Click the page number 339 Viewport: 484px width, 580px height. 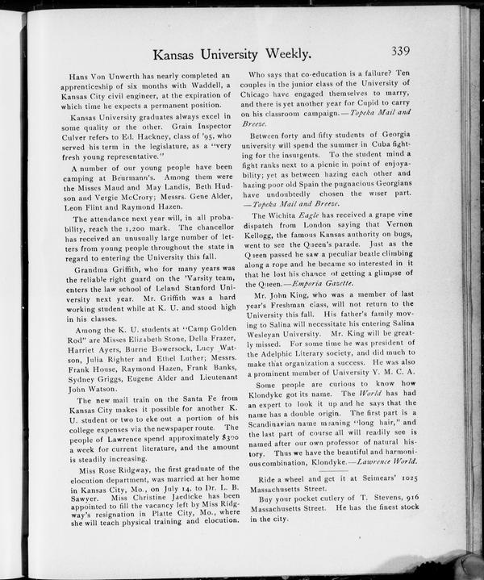(x=401, y=51)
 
